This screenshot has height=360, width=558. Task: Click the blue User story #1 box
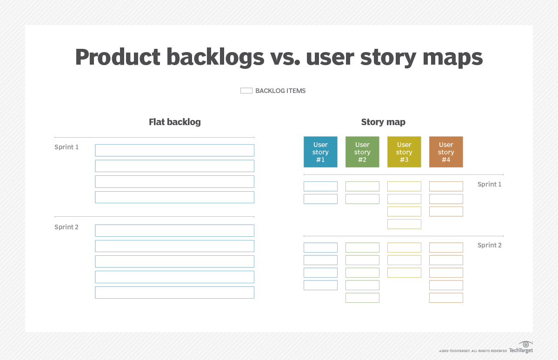320,152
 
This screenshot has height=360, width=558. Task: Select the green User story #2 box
362,152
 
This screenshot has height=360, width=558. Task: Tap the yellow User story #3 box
404,152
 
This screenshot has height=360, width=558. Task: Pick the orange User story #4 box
446,152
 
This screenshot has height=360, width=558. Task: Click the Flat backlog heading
174,122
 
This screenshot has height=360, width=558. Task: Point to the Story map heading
383,122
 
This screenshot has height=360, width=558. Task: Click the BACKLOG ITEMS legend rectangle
246,91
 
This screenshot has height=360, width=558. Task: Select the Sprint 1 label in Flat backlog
66,147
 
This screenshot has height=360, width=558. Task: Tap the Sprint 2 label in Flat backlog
66,227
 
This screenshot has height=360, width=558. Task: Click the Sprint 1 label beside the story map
489,184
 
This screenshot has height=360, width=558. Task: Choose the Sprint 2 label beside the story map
489,245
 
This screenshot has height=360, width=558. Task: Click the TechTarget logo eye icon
526,344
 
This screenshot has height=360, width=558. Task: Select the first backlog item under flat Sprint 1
174,150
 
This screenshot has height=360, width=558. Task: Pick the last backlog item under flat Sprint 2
174,292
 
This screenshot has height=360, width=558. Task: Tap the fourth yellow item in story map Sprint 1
404,224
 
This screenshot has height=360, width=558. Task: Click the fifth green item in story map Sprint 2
362,298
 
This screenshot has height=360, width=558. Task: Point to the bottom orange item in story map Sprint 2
446,298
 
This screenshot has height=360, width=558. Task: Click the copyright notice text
472,351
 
